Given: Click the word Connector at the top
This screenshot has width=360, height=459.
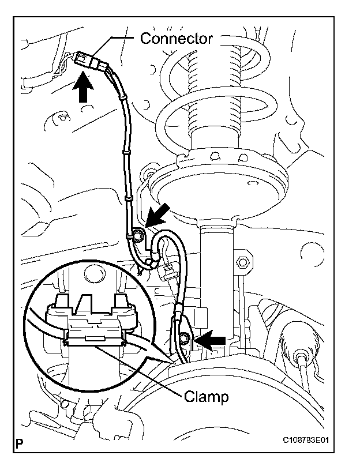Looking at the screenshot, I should [x=177, y=39].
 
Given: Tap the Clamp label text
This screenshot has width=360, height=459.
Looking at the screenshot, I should [x=207, y=396].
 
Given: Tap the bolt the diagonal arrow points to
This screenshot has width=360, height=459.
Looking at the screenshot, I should [x=138, y=235].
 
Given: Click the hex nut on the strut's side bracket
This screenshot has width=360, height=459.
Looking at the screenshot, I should [x=243, y=262].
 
